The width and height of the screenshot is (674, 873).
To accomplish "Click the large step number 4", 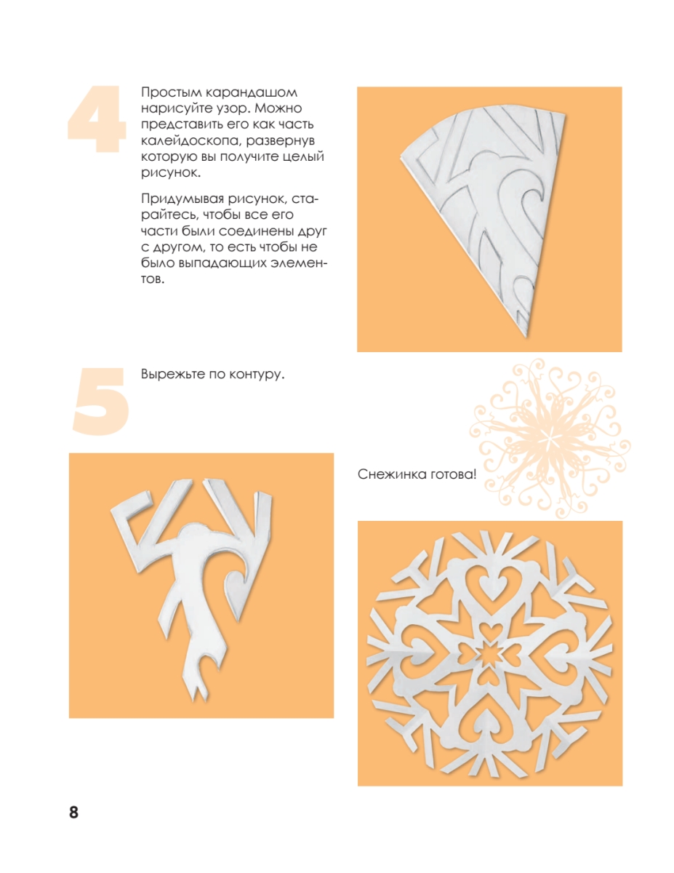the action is tap(97, 119).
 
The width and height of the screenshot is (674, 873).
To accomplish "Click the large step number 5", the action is tap(101, 401).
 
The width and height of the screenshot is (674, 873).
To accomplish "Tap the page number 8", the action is tap(74, 812).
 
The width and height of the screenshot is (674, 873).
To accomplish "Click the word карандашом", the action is tap(252, 93).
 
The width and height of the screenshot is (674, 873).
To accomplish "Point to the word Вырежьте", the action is tap(172, 375).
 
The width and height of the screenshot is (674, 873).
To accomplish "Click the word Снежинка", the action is tap(391, 474).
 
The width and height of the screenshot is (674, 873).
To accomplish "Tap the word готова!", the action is tap(453, 474).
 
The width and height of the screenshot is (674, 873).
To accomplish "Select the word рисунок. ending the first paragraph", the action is tap(171, 173).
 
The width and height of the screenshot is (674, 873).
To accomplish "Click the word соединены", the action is tap(259, 231).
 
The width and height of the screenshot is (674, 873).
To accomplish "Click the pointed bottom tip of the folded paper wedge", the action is tap(526, 337).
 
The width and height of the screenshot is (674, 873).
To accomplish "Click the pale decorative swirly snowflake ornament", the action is tap(550, 438).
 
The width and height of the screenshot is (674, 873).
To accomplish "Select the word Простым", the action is tap(171, 93).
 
